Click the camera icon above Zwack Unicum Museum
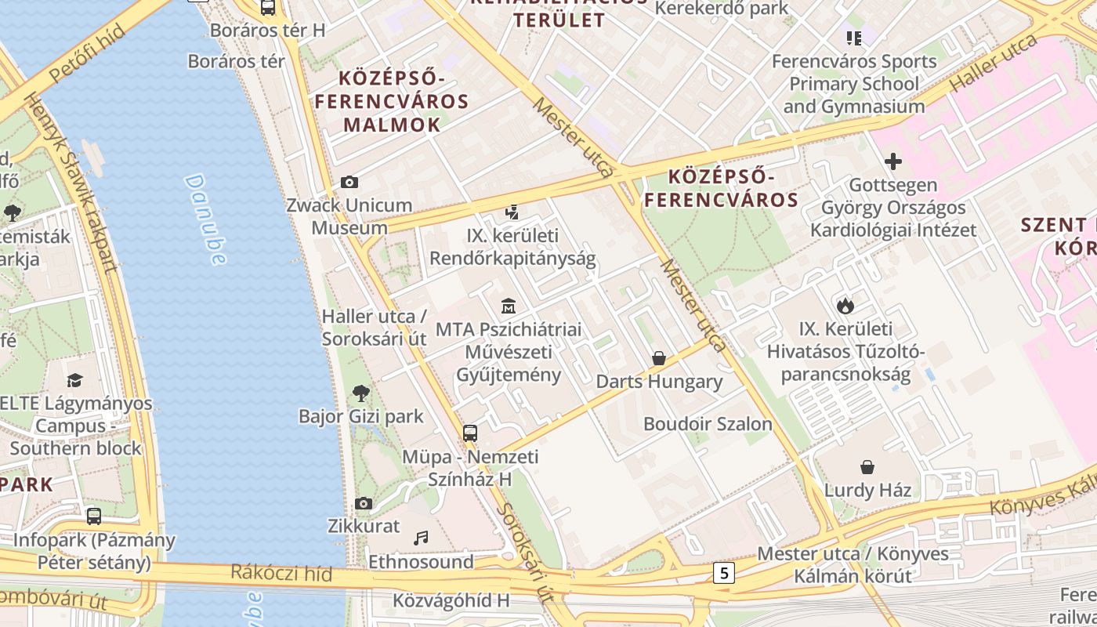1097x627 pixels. pyautogui.click(x=349, y=183)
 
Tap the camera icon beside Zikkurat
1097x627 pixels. pyautogui.click(x=364, y=503)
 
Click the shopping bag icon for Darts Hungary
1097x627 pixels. pyautogui.click(x=659, y=358)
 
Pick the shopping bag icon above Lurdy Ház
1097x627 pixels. pyautogui.click(x=867, y=467)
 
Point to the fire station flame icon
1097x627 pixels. pyautogui.click(x=845, y=306)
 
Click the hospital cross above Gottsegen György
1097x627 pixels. pyautogui.click(x=892, y=162)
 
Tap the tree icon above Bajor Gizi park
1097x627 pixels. pyautogui.click(x=361, y=393)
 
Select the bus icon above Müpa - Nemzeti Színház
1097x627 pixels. pyautogui.click(x=470, y=433)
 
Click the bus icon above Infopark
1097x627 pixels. pyautogui.click(x=94, y=516)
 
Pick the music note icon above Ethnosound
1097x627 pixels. pyautogui.click(x=422, y=538)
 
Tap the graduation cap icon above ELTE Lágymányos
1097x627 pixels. pyautogui.click(x=74, y=380)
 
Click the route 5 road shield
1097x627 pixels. pyautogui.click(x=723, y=573)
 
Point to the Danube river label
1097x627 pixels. pyautogui.click(x=206, y=220)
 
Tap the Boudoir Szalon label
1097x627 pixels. pyautogui.click(x=708, y=424)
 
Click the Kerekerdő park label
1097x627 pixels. pyautogui.click(x=722, y=9)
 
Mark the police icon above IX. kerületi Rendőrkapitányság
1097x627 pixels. pyautogui.click(x=512, y=212)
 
